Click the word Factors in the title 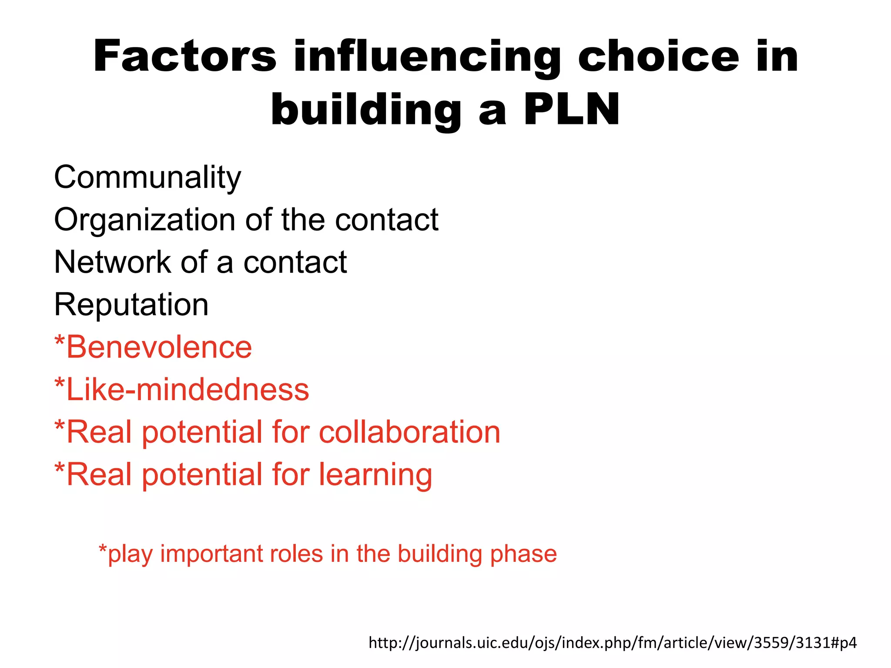(x=185, y=57)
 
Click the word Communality (x=147, y=178)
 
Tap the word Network (x=113, y=262)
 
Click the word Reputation (x=131, y=305)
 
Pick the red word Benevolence (x=159, y=347)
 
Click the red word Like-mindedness (x=188, y=390)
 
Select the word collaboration (x=409, y=432)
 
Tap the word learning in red (x=375, y=474)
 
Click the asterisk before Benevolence (x=60, y=341)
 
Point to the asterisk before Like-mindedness (x=60, y=383)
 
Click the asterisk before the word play (x=103, y=549)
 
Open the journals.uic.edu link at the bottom (x=613, y=642)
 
